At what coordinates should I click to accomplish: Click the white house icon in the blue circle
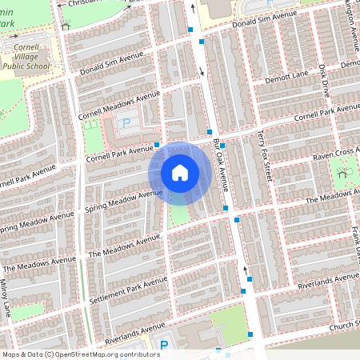coord(180,173)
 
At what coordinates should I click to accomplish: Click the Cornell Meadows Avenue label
coord(119,106)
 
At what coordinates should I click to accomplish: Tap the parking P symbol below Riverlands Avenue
coord(164,345)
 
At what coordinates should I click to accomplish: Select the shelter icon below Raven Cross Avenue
coord(344,173)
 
